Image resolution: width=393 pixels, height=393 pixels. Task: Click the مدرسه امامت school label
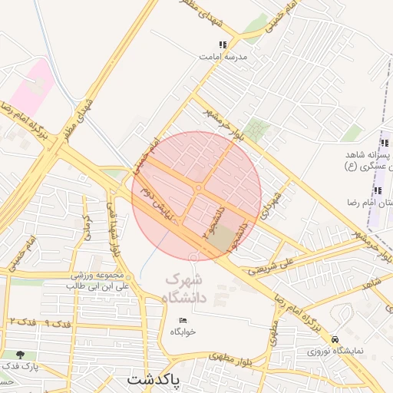pyautogui.click(x=220, y=57)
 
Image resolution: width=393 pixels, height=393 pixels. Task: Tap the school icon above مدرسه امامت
pyautogui.click(x=223, y=45)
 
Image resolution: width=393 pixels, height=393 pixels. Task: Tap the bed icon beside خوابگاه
pyautogui.click(x=183, y=320)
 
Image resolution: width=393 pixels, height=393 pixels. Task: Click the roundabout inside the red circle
pyautogui.click(x=198, y=188)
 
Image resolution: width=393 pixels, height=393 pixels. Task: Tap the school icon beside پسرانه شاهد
pyautogui.click(x=377, y=143)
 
